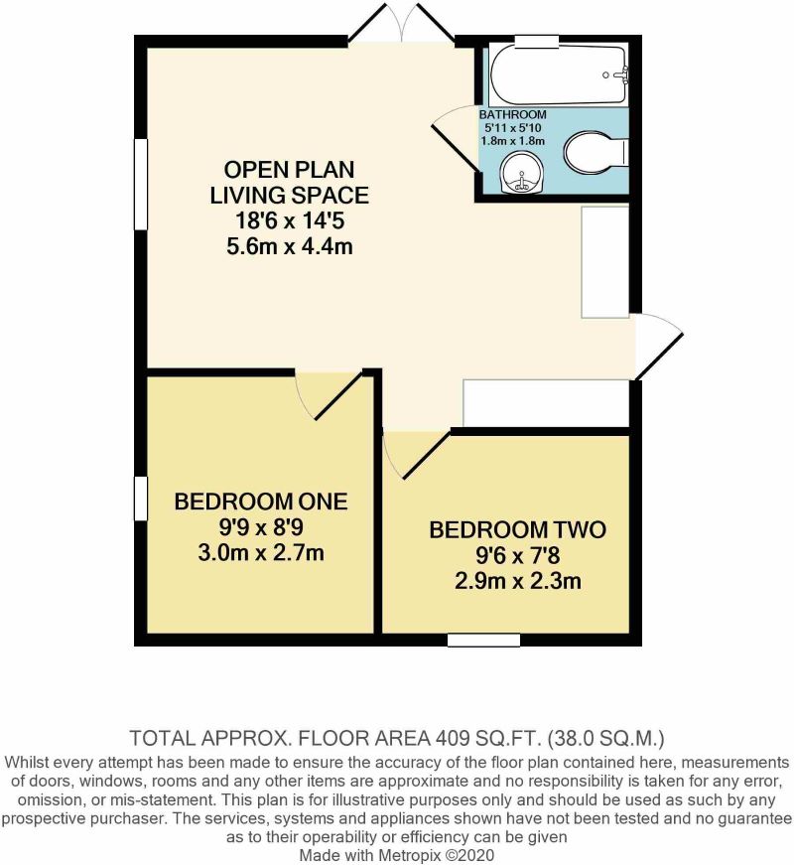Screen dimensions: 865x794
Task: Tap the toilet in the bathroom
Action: (595, 154)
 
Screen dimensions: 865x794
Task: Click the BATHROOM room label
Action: (512, 115)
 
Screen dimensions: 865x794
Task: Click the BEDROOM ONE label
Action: (261, 502)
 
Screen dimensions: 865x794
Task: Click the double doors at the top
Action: (402, 25)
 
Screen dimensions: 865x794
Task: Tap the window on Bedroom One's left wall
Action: (140, 497)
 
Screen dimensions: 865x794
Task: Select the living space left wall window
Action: (140, 186)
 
